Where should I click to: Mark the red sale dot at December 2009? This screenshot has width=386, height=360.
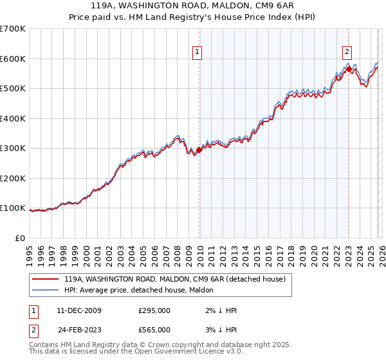(x=199, y=150)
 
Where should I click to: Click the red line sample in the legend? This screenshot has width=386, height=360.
(x=46, y=280)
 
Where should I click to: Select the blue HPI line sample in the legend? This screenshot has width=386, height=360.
(x=46, y=291)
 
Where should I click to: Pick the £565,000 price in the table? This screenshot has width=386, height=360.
(x=154, y=330)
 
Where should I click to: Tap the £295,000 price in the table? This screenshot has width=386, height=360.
(x=154, y=310)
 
